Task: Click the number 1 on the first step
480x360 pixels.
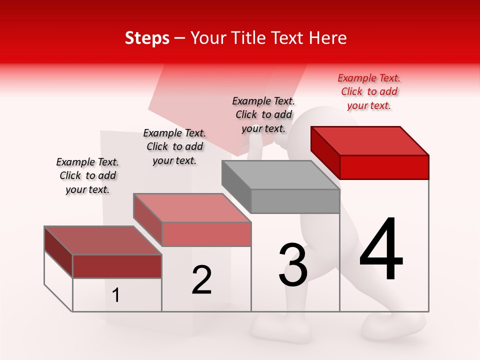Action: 116,295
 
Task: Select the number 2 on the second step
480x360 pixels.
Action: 201,280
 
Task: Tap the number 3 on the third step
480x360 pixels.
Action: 293,265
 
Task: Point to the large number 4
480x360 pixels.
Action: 381,249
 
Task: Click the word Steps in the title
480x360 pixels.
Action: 147,38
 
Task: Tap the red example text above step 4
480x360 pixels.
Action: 369,91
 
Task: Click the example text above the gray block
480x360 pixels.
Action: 263,114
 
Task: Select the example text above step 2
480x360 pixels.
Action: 174,146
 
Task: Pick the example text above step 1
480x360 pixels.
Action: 87,175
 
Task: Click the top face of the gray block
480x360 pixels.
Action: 280,175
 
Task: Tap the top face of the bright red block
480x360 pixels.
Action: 370,140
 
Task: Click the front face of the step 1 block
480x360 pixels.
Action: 117,266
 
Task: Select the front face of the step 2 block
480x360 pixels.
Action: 206,234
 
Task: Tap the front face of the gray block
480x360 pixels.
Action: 295,201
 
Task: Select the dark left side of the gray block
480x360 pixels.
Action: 236,185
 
